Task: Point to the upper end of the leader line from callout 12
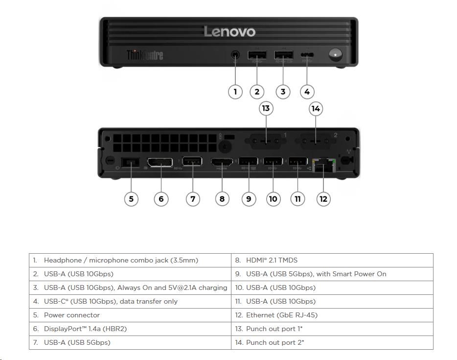tap(323, 167)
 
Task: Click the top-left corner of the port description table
tap(29, 254)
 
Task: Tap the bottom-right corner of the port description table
tap(433, 349)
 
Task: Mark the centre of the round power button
tap(336, 54)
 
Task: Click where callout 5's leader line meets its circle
tap(131, 192)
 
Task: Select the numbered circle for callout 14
tap(316, 109)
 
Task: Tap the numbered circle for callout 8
tap(222, 199)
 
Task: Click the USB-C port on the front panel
tap(307, 54)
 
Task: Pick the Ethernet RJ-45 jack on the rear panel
tap(323, 165)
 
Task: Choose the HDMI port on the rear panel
tap(222, 162)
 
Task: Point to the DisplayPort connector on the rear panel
tap(160, 162)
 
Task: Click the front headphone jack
tap(235, 54)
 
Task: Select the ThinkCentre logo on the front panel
tap(145, 55)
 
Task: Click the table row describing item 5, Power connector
tap(130, 315)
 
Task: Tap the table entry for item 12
tap(332, 315)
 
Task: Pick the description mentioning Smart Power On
tap(332, 274)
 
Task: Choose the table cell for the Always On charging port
tap(130, 288)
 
